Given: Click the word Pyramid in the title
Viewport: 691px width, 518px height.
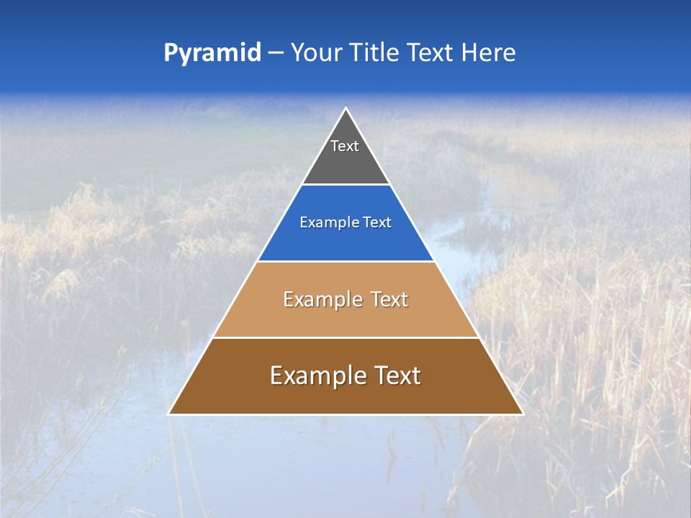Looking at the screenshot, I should [x=212, y=53].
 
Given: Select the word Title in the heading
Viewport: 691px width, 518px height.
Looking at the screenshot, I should [x=374, y=53].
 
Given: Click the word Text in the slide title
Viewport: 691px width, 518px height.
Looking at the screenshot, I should [x=432, y=53].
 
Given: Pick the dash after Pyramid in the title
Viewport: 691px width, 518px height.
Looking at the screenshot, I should [x=275, y=53].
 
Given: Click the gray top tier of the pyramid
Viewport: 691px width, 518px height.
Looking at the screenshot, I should [x=345, y=162].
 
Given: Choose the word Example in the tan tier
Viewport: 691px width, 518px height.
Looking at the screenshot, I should [x=320, y=300].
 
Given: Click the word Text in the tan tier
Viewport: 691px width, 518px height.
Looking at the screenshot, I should [x=389, y=300].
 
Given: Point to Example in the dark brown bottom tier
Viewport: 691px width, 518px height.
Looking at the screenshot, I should [x=315, y=376].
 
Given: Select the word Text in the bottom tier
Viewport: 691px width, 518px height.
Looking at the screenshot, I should [x=396, y=376].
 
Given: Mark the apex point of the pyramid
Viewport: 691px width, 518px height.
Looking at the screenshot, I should [x=345, y=109].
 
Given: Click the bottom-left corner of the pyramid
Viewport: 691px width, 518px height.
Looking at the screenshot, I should [x=169, y=414].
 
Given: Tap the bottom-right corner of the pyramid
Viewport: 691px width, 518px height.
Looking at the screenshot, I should [x=522, y=414].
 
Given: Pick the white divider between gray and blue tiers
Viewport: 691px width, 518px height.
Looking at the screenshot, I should [x=345, y=185].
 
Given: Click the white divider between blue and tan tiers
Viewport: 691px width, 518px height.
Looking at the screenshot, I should [x=345, y=261].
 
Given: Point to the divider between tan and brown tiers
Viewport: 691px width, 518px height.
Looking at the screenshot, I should [x=345, y=337].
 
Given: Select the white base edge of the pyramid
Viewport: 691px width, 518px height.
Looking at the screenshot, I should [x=345, y=414].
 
